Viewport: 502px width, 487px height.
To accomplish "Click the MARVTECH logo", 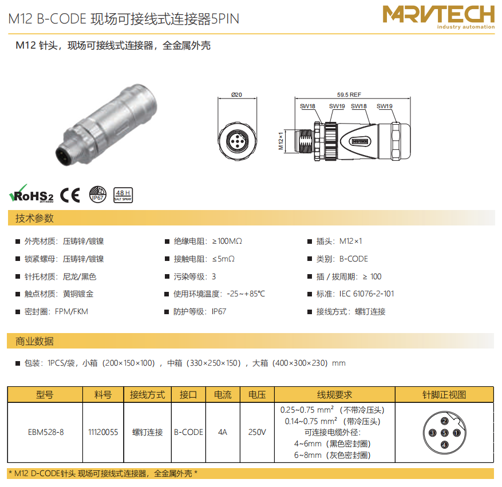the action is [x=438, y=17].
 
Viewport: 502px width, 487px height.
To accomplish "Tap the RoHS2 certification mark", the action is [x=31, y=194].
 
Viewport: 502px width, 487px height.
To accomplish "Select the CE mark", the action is [x=70, y=195].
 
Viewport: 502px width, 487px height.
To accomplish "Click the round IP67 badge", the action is [x=98, y=194].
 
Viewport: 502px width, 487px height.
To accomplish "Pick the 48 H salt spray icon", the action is [x=123, y=195].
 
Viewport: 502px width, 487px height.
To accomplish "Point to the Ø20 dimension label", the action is [x=236, y=95].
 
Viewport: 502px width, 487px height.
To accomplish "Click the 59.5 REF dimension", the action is [x=349, y=95].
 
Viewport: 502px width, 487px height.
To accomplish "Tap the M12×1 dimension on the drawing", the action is [x=281, y=141].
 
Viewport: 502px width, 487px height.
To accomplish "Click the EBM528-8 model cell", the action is [x=46, y=432].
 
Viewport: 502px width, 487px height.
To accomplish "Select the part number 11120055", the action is [x=103, y=432].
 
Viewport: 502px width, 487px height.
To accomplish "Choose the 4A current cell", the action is [x=223, y=432].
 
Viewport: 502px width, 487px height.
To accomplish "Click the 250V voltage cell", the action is [x=257, y=432].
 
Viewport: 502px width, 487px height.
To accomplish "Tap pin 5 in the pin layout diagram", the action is [x=444, y=433].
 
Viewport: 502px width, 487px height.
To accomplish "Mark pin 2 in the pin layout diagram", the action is [x=444, y=421].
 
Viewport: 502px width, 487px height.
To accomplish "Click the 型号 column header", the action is [x=45, y=394].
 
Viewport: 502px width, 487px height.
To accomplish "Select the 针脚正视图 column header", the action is [x=444, y=394].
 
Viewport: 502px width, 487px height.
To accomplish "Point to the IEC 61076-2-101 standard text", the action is [x=366, y=294].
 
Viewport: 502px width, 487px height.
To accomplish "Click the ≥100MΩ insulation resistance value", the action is [x=227, y=241].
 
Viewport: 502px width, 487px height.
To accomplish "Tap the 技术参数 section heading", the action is [x=34, y=218].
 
